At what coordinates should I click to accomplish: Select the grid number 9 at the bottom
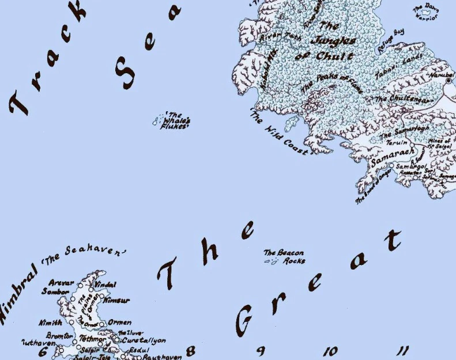point(261,351)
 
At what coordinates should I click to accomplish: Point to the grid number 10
point(330,351)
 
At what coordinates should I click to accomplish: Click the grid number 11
point(403,350)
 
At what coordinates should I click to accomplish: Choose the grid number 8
point(191,351)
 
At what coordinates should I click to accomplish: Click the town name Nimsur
point(116,300)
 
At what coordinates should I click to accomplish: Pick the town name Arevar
point(62,283)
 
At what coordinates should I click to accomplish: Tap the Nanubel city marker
point(449,81)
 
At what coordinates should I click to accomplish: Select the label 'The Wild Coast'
point(280,132)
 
